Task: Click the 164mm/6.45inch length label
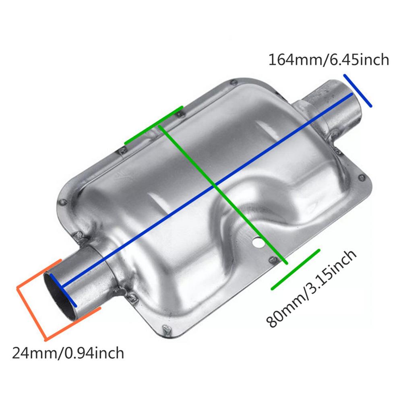click(329, 60)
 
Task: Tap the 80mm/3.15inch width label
click(311, 288)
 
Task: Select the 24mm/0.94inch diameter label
click(68, 353)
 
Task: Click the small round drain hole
click(256, 243)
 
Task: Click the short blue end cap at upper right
click(358, 91)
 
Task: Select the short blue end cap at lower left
click(63, 288)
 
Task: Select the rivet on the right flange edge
click(363, 177)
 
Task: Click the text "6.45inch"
click(359, 60)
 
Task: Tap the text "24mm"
click(35, 353)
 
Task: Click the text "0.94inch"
click(93, 353)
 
